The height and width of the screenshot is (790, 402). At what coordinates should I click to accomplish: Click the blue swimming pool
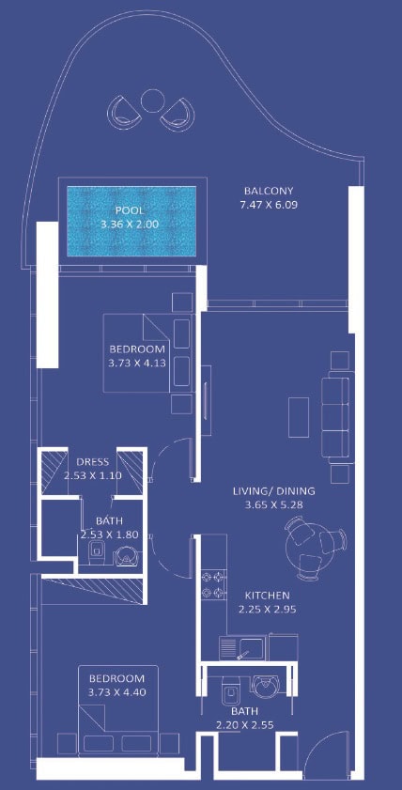131,221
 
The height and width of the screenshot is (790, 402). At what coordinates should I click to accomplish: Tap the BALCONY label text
269,191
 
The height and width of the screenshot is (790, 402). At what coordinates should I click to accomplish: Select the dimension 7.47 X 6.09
269,205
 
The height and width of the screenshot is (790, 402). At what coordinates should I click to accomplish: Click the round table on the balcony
150,101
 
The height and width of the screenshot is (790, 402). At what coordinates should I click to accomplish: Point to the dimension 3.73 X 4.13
137,363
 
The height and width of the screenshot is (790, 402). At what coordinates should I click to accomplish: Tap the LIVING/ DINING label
274,490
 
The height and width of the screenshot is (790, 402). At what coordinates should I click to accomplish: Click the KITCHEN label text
267,596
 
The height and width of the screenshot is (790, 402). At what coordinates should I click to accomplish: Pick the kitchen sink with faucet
242,647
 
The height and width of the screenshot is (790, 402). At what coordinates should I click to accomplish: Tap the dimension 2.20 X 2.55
245,726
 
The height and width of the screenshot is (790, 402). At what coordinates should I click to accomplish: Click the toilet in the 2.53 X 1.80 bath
97,551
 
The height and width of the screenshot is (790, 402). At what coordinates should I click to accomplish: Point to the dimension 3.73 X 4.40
116,692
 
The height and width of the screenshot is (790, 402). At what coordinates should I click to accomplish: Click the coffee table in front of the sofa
299,417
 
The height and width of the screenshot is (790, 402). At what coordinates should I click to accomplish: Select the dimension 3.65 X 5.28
274,504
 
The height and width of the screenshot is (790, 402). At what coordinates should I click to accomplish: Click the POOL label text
130,210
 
